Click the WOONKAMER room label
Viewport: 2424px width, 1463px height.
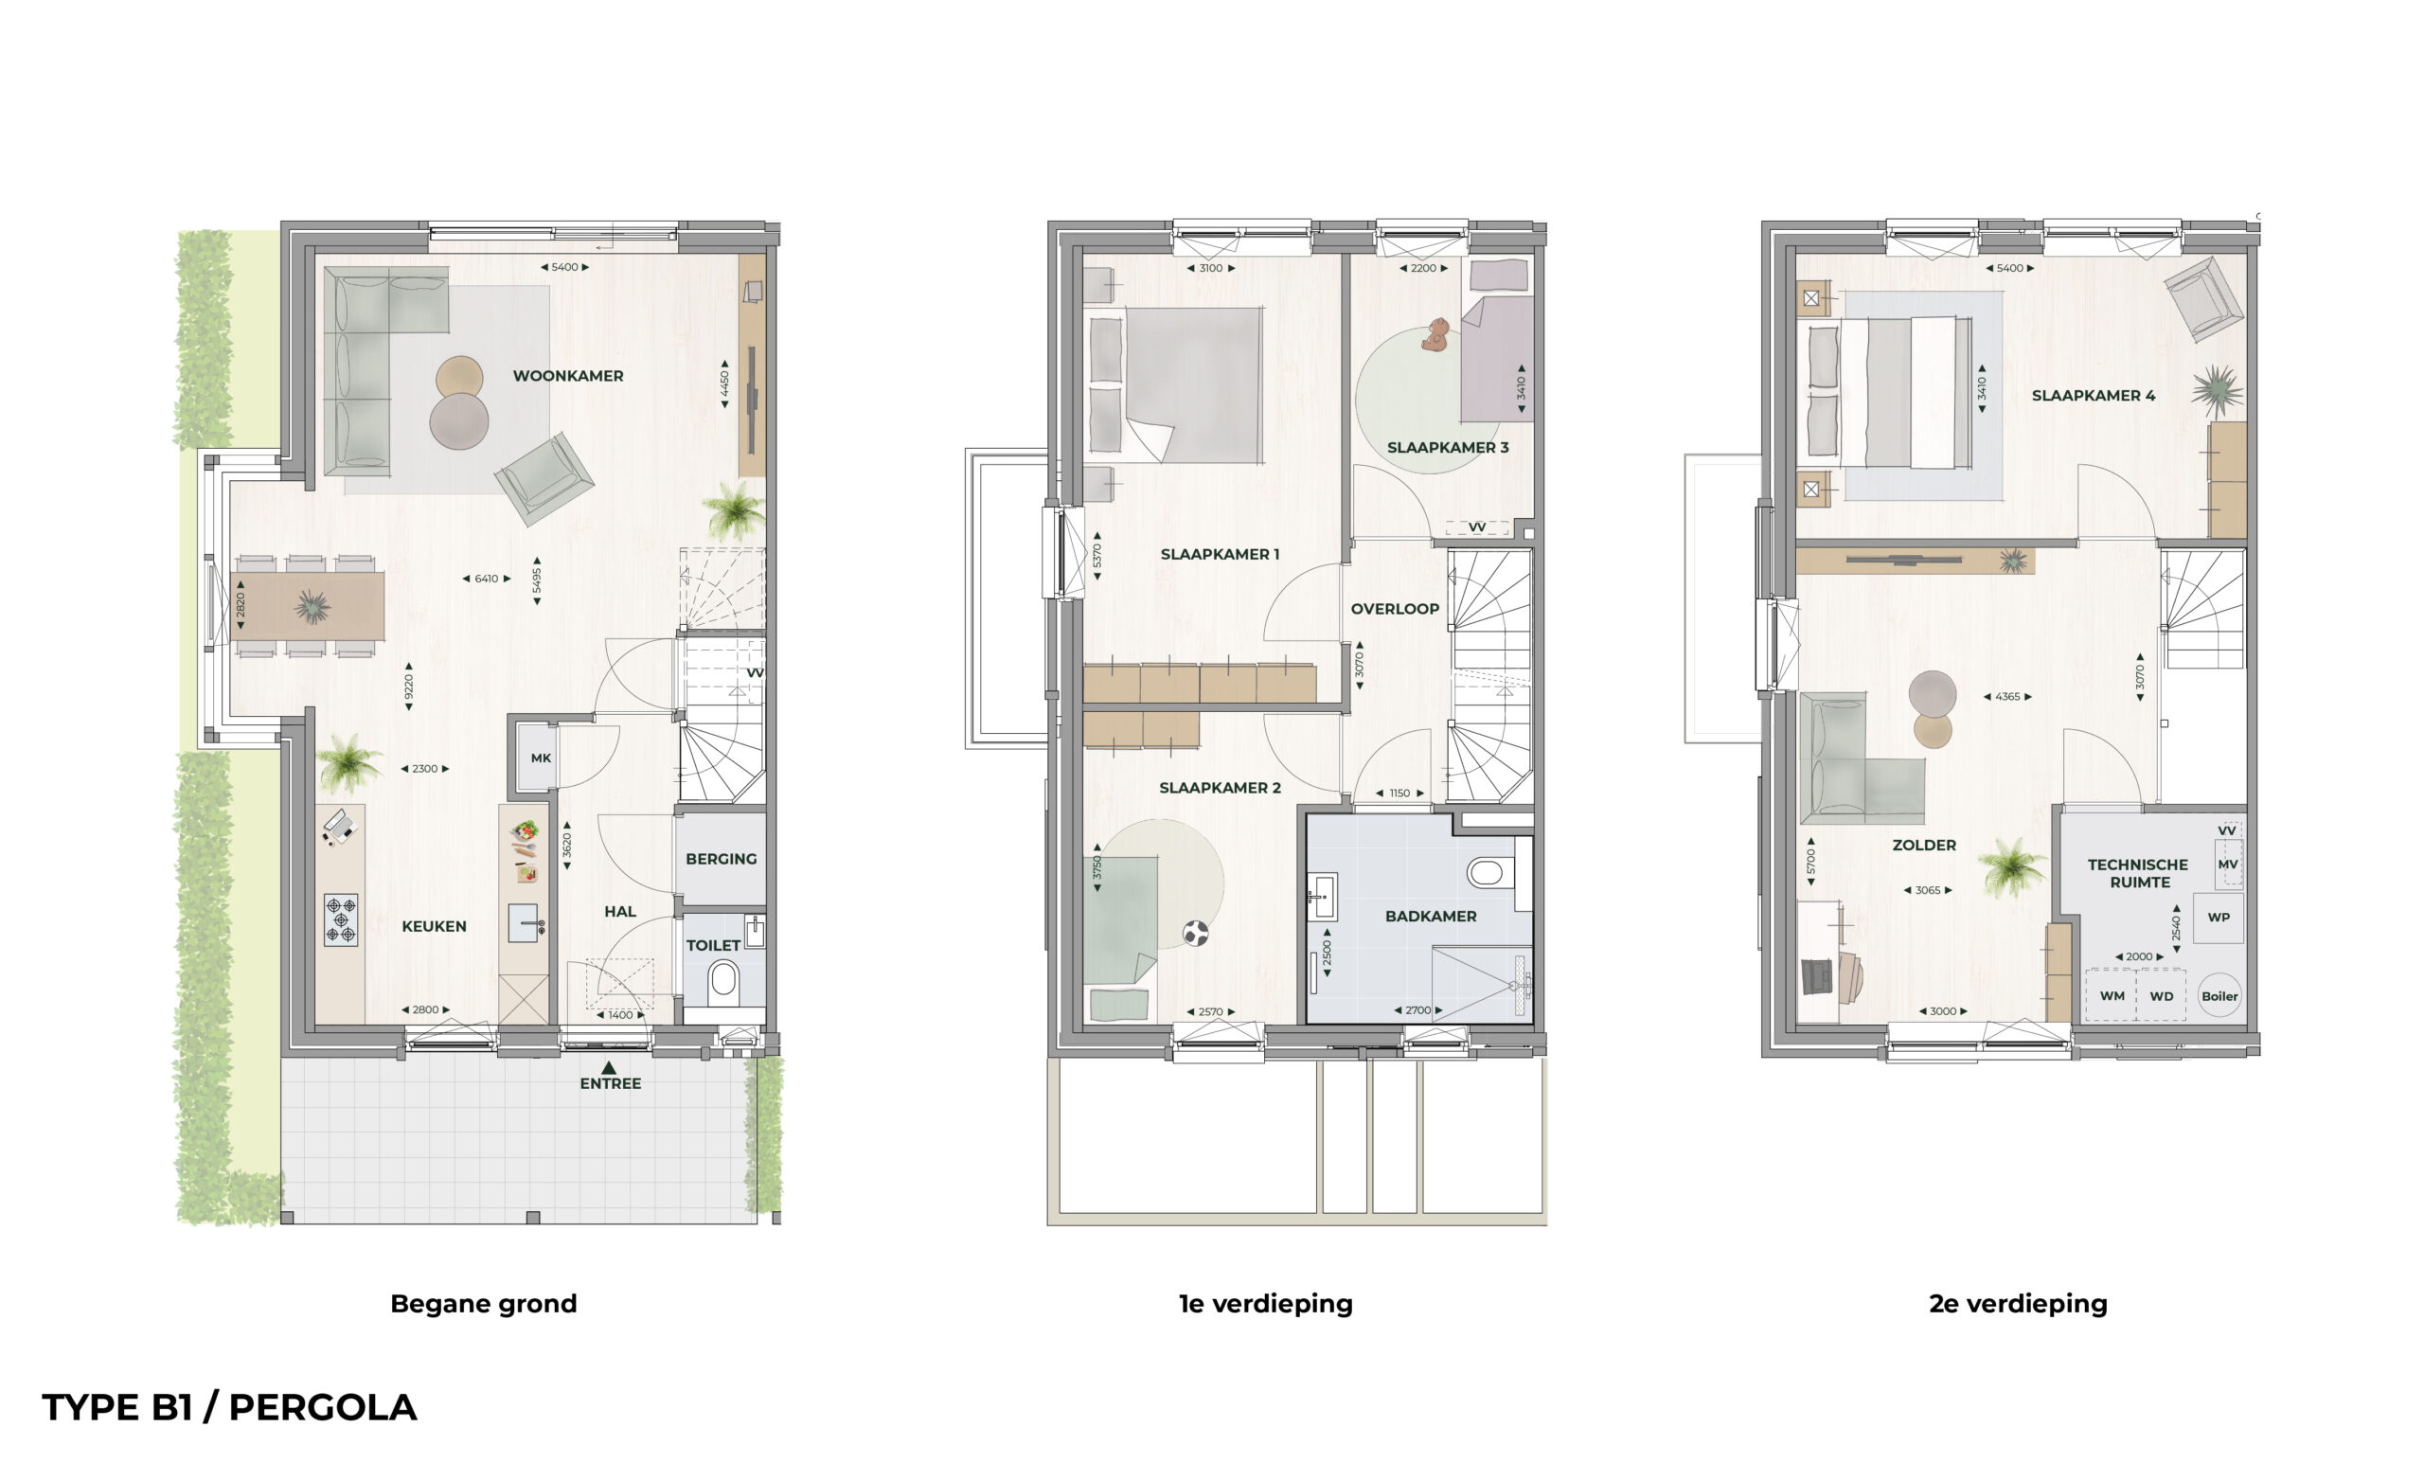pos(567,376)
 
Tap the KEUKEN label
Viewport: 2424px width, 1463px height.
pos(434,926)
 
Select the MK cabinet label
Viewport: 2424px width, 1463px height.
pos(540,758)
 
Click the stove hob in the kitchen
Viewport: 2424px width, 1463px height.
pos(340,919)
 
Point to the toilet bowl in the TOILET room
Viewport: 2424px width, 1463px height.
pos(723,979)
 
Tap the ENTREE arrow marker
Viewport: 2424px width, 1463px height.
pos(609,1067)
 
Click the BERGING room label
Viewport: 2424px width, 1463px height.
pos(722,859)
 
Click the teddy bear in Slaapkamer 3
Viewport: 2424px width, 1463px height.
pos(1436,334)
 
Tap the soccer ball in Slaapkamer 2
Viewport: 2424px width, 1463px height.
pos(1195,933)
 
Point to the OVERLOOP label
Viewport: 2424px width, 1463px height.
pos(1394,609)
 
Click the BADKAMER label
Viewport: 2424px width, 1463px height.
pos(1431,916)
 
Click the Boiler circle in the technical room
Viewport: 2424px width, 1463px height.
pos(2219,995)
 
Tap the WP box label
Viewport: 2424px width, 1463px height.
pos(2218,917)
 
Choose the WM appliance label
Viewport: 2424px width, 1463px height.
pos(2112,995)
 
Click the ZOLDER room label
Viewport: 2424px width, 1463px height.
pos(1923,846)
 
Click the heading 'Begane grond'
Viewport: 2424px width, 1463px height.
pos(483,1304)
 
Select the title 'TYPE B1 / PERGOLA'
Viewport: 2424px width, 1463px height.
pos(229,1408)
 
